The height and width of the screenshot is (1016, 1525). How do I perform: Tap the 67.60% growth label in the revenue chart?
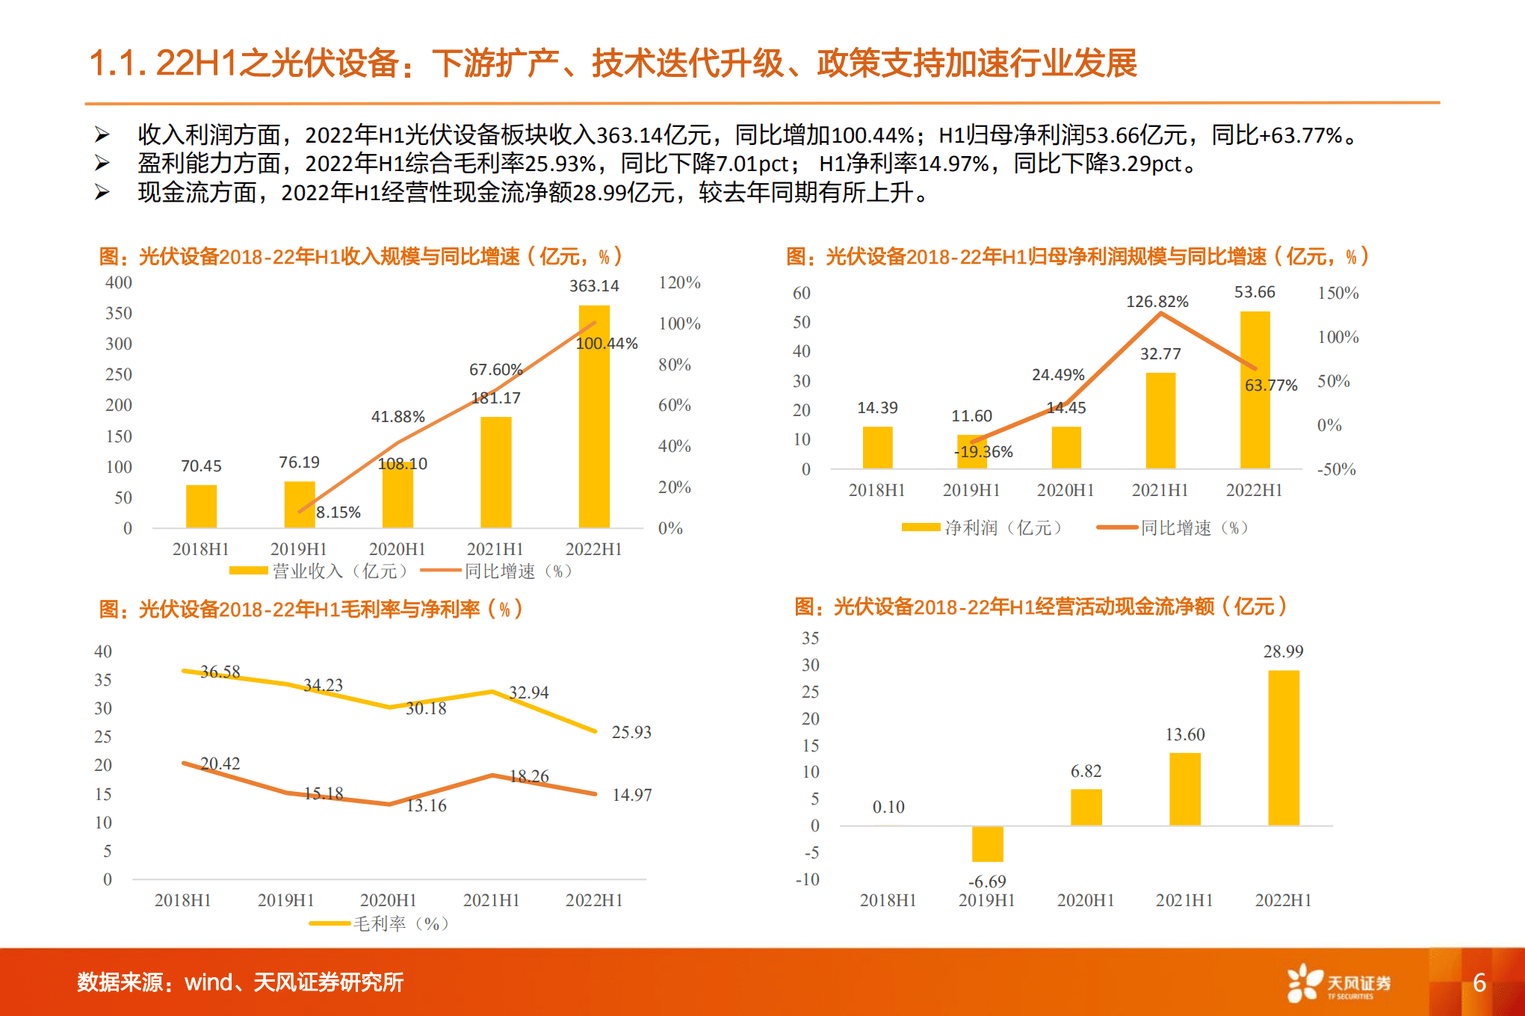pos(495,370)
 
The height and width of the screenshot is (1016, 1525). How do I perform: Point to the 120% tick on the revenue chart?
pos(679,282)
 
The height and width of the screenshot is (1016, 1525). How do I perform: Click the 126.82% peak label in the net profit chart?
pos(1157,302)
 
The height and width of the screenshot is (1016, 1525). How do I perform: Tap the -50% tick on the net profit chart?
pos(1336,469)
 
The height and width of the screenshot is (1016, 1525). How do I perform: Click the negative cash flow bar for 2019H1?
pos(987,844)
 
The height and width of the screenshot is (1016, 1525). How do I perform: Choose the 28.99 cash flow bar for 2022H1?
pos(1283,747)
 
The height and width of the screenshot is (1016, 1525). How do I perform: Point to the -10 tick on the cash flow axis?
pos(808,879)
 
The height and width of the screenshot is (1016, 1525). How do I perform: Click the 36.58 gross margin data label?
pos(220,672)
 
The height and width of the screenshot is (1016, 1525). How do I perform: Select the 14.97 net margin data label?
pos(631,795)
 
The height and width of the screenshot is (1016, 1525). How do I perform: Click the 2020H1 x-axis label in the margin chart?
pos(388,900)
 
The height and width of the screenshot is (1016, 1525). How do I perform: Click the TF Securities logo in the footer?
pos(1337,983)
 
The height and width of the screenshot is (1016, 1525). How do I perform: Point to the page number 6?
pos(1479,983)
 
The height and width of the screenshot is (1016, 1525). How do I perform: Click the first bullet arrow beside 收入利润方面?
pos(102,135)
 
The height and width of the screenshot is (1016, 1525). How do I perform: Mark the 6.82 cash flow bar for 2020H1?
pos(1086,808)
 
